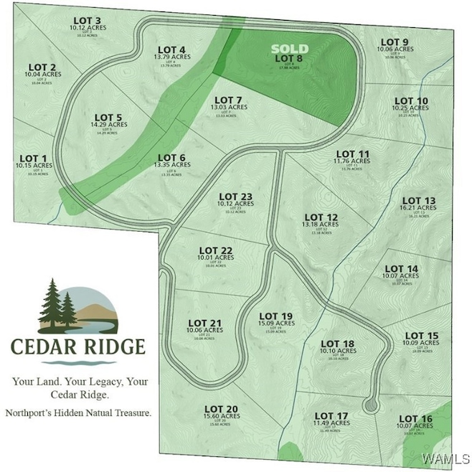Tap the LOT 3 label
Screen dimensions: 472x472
point(88,20)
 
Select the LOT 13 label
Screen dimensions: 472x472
point(420,201)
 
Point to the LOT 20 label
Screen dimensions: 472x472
point(221,409)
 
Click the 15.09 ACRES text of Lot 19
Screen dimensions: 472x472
point(276,324)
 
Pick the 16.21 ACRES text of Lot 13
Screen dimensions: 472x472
point(420,208)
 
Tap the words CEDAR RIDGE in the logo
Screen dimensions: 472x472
point(77,347)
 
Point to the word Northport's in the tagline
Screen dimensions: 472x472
point(31,413)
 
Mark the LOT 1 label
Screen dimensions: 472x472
point(33,159)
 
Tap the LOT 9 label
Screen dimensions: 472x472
point(395,42)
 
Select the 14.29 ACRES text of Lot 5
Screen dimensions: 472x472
point(108,124)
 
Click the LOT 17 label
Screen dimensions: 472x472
point(331,416)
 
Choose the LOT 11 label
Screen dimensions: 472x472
point(352,154)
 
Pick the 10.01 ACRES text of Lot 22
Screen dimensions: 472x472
point(216,257)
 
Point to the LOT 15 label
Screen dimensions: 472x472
point(421,336)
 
